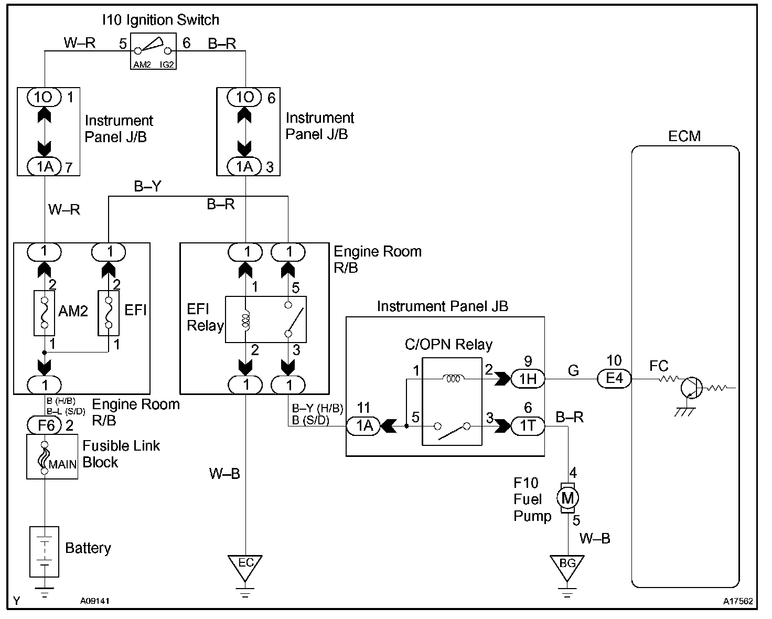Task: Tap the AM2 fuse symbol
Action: tap(45, 313)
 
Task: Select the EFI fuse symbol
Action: tap(109, 313)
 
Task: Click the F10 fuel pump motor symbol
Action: tap(567, 497)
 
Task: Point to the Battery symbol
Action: tap(45, 551)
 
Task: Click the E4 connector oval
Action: tap(615, 379)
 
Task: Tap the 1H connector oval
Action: tap(528, 379)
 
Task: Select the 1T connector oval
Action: tap(528, 426)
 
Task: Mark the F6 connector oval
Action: tap(46, 425)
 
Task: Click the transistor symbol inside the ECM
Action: tap(692, 388)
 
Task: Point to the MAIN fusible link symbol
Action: tap(45, 456)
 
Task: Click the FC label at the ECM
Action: tap(659, 366)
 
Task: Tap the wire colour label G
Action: tap(573, 371)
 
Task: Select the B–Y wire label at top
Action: tap(147, 187)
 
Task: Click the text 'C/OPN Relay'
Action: tap(448, 345)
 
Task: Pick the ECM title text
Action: tap(684, 136)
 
